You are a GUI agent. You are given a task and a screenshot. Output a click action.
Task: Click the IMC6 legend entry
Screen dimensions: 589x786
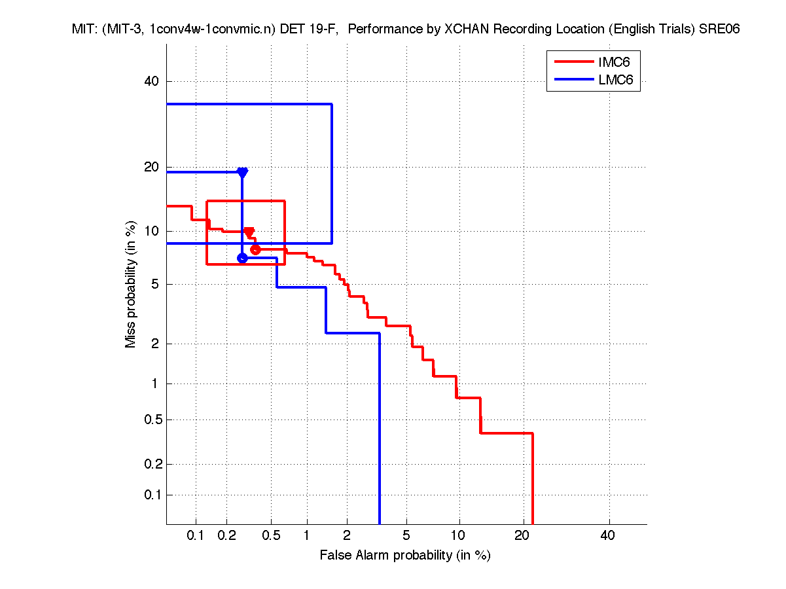(609, 62)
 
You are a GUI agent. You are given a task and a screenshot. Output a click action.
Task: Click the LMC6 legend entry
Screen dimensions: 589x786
(609, 80)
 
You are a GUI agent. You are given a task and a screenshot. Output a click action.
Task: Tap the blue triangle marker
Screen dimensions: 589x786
(242, 173)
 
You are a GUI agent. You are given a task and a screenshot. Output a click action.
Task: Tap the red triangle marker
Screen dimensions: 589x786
(249, 232)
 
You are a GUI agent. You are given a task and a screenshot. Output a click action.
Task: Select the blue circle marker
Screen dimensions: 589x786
(242, 258)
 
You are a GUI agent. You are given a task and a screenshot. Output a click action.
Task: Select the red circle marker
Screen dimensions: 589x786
(255, 249)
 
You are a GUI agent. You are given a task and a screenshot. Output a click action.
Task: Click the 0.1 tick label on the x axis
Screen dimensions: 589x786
(196, 536)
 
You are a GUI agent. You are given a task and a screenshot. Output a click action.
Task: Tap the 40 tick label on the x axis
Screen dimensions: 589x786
(608, 536)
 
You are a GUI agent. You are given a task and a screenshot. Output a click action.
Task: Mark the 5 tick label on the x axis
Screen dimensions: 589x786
(406, 536)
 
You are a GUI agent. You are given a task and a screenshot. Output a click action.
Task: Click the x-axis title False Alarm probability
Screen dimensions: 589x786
(405, 556)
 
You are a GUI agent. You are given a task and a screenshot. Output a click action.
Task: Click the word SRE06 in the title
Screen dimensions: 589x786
(719, 29)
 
